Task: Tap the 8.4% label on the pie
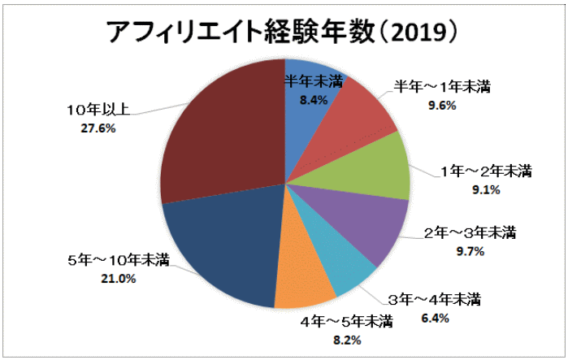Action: tap(313, 100)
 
